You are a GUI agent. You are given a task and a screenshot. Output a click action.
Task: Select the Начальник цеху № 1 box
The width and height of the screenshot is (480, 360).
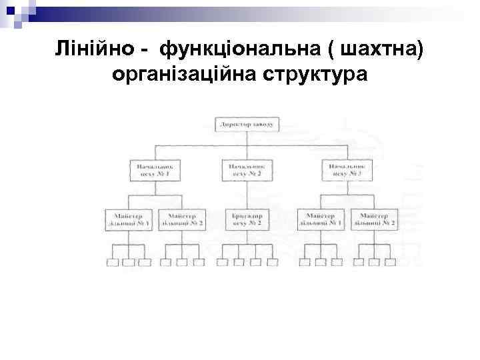click(x=155, y=170)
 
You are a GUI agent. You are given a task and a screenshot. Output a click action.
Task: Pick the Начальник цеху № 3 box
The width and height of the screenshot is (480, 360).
click(x=345, y=170)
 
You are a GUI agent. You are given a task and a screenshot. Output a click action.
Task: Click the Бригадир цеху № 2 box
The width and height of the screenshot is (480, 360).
click(x=248, y=219)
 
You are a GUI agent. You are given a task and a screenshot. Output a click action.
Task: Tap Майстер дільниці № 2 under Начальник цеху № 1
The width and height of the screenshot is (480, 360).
click(x=182, y=219)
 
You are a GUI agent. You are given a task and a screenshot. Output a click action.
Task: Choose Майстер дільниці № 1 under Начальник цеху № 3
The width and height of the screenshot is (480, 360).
click(x=321, y=219)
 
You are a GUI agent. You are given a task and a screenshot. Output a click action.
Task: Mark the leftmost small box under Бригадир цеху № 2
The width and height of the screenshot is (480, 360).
click(x=225, y=263)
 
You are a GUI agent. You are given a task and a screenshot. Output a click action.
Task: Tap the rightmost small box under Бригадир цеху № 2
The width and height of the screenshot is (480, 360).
click(x=273, y=263)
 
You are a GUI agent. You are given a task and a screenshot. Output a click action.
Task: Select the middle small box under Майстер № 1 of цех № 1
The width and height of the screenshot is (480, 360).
click(x=128, y=263)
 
